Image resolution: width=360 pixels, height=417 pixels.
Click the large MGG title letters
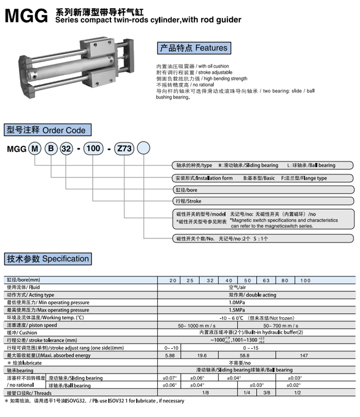[x=26, y=16]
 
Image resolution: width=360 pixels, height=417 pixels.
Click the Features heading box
[x=194, y=48]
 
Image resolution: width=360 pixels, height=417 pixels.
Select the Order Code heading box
[x=48, y=130]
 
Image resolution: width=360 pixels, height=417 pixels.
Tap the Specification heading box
[x=48, y=259]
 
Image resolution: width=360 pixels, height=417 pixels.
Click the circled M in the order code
[x=35, y=148]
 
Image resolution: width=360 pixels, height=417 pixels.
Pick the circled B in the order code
[x=51, y=148]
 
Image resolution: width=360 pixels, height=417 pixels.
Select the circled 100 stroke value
[x=93, y=148]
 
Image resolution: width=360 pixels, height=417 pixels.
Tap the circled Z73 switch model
[x=124, y=148]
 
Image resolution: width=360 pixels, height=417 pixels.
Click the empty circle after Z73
[x=144, y=148]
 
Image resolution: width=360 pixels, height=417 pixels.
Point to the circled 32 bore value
[x=66, y=148]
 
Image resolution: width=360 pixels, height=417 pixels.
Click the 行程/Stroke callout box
[x=264, y=201]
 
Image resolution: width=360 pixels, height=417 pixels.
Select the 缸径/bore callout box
[x=264, y=190]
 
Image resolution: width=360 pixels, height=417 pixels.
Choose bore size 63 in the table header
[x=266, y=280]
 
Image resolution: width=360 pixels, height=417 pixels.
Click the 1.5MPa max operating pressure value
[x=237, y=310]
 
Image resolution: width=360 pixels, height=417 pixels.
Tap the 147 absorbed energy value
[x=304, y=356]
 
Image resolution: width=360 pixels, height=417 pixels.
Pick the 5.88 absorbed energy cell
[x=170, y=355]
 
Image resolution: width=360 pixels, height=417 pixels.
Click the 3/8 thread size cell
[x=266, y=393]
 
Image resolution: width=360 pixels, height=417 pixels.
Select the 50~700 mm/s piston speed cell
[x=281, y=325]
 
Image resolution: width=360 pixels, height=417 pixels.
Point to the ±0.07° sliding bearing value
[x=170, y=378]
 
